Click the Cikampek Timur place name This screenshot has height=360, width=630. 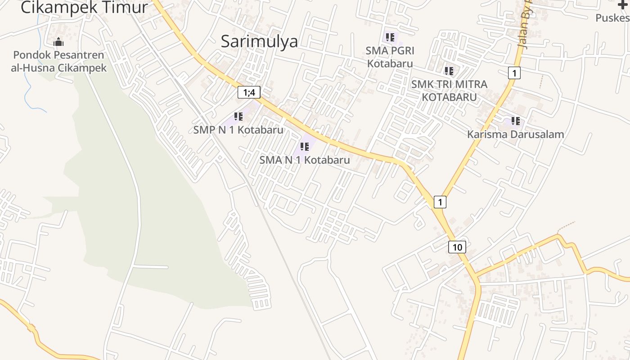coord(84,7)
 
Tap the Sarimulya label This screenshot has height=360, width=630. coord(259,41)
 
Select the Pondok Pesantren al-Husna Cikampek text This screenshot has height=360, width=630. coord(58,62)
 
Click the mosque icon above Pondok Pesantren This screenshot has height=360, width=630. coord(58,43)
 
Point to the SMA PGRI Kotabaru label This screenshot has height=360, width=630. coord(390,57)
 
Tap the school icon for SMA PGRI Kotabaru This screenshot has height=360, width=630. coord(390,37)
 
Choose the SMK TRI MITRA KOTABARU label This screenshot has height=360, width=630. coord(449,90)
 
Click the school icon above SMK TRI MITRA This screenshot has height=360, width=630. coord(449,71)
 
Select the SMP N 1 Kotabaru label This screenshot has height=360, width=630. coord(238,130)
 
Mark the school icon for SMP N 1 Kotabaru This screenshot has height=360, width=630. coord(238,117)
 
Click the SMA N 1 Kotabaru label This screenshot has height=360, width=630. coord(305,160)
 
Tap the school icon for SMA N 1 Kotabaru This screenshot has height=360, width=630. coord(305,146)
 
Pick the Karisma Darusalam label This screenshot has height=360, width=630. coord(515,134)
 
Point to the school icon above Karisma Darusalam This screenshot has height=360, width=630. coord(515,121)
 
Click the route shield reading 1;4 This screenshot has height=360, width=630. coord(249,93)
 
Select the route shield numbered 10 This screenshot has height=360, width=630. coord(457,247)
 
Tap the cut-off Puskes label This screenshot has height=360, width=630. coord(612,18)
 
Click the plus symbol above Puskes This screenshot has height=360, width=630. coord(623,4)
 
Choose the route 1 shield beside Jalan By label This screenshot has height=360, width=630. coord(514,72)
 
